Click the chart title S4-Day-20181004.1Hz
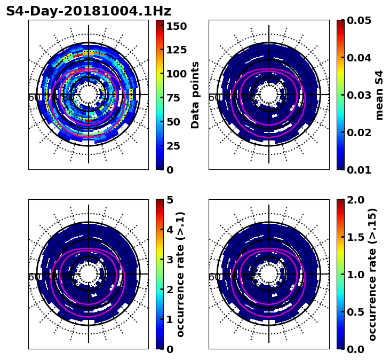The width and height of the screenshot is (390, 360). (89, 11)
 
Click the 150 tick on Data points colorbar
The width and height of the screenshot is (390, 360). (176, 26)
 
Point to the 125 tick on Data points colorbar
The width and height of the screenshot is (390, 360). (176, 50)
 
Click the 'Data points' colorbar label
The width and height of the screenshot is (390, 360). (195, 95)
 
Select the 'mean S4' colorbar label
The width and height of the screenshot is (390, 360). (379, 95)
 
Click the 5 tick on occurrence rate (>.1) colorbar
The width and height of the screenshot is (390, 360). (170, 200)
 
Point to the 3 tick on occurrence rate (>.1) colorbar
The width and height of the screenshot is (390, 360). (170, 260)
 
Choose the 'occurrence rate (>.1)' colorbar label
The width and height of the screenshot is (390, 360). (181, 274)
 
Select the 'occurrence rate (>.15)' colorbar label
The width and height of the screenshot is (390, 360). (372, 274)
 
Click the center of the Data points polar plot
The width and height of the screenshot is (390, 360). (89, 95)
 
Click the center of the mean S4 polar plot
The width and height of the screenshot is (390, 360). (269, 95)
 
